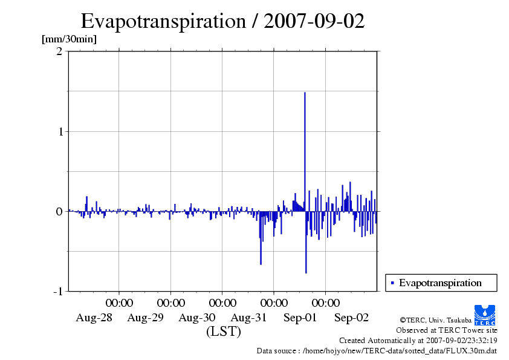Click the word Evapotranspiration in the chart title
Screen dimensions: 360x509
point(162,21)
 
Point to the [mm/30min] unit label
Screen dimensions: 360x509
point(69,39)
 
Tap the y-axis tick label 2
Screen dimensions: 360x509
point(59,51)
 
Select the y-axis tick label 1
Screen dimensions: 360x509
point(59,131)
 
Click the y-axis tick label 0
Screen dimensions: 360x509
point(59,211)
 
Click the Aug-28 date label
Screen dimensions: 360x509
point(94,318)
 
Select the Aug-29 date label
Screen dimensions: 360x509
point(145,318)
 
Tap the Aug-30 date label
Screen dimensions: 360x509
point(197,318)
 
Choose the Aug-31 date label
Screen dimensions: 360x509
point(248,318)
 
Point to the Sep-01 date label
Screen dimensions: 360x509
point(300,318)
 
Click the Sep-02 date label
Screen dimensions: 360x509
point(352,318)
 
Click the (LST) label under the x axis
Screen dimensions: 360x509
point(223,332)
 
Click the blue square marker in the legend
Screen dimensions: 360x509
point(392,283)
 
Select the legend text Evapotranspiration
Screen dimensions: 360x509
point(440,283)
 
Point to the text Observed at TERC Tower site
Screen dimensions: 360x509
point(446,330)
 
